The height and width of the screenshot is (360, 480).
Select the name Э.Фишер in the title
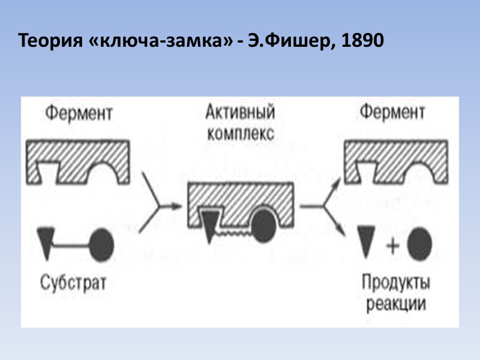pos(289,41)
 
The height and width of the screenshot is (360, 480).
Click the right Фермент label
pos(393,113)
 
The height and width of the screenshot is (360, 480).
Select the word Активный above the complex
pos(240,113)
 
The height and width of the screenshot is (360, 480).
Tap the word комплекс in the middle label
pos(240,133)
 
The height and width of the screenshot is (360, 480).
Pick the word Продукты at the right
pos(396,281)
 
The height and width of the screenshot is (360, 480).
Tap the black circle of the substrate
pos(102,242)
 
